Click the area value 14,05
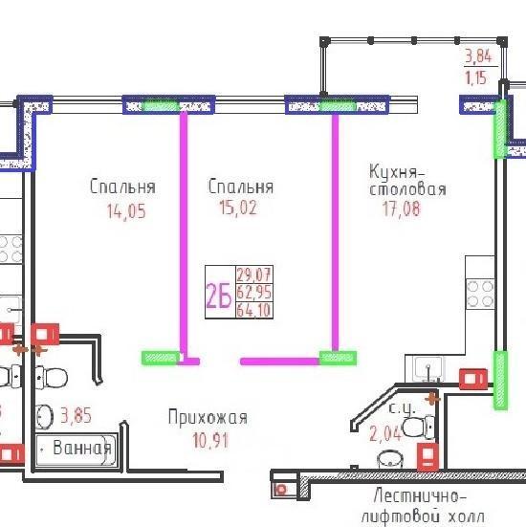(126, 211)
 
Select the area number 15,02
(238, 209)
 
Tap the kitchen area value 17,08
(402, 209)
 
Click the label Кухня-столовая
(407, 180)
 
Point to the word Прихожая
(208, 417)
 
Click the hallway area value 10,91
(210, 440)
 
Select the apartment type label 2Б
(219, 296)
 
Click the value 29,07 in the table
(253, 274)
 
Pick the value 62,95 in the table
(253, 292)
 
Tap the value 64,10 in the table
(253, 310)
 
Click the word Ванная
(82, 448)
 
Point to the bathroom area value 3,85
(76, 415)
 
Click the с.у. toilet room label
(403, 408)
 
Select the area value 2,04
(385, 433)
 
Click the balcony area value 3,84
(478, 55)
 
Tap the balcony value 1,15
(475, 77)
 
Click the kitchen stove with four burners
(480, 295)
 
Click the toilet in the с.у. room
(419, 428)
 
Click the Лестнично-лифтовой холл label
(422, 508)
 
